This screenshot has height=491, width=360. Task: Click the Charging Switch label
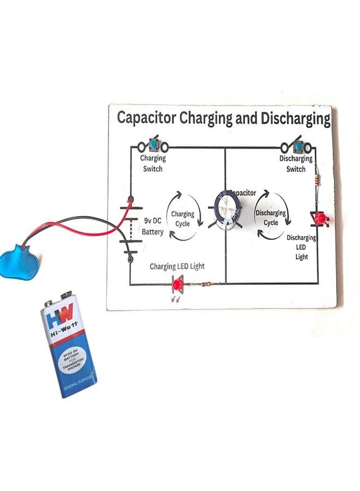coord(152,164)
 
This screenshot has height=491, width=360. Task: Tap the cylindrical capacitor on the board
coord(228,210)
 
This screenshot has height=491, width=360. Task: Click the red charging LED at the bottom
coord(177,284)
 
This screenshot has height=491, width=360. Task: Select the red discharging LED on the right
coord(320,219)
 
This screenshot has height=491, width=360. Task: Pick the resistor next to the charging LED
coord(207,284)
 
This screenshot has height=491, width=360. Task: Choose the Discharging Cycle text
coord(271,218)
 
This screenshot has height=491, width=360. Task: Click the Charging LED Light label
coord(177,267)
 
